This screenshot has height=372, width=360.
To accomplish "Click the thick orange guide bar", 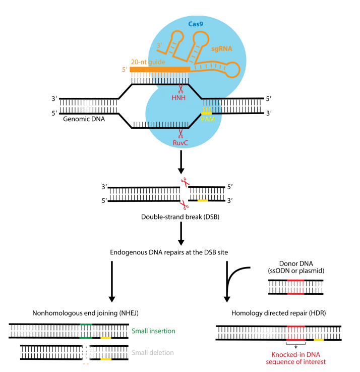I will click(160, 69).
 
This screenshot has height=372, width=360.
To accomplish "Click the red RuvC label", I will click(180, 143).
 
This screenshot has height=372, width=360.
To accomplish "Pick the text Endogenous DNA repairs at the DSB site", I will click(180, 251).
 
